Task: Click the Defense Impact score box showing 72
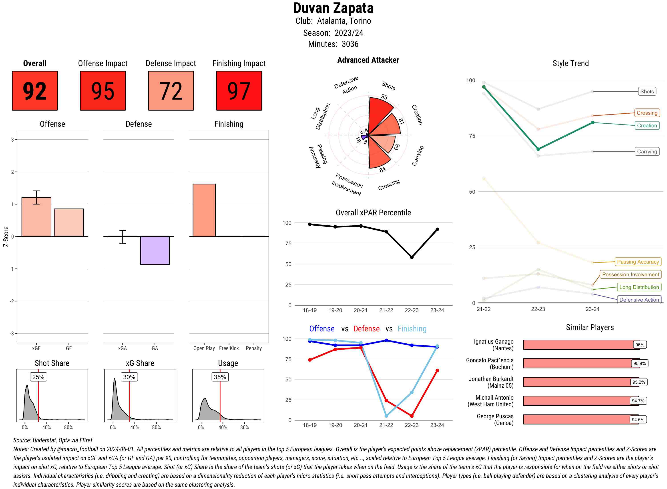[x=171, y=91]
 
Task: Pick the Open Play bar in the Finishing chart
[x=204, y=210]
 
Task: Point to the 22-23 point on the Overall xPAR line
[x=412, y=257]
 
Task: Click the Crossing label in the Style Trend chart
[x=647, y=113]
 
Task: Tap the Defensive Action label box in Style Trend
[x=639, y=300]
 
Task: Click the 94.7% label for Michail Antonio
[x=638, y=401]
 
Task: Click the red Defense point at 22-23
[x=412, y=416]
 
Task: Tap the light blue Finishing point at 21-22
[x=386, y=416]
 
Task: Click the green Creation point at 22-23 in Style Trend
[x=538, y=149]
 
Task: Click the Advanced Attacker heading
[x=368, y=60]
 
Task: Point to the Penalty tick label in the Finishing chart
[x=254, y=348]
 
